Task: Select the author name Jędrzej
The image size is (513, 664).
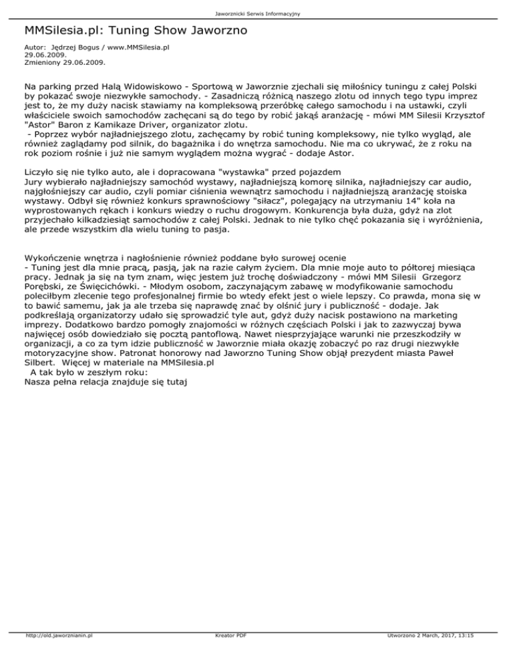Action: [x=67, y=48]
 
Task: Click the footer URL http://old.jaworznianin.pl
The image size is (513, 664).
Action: [x=57, y=655]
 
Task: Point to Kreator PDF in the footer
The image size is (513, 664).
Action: [x=228, y=655]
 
